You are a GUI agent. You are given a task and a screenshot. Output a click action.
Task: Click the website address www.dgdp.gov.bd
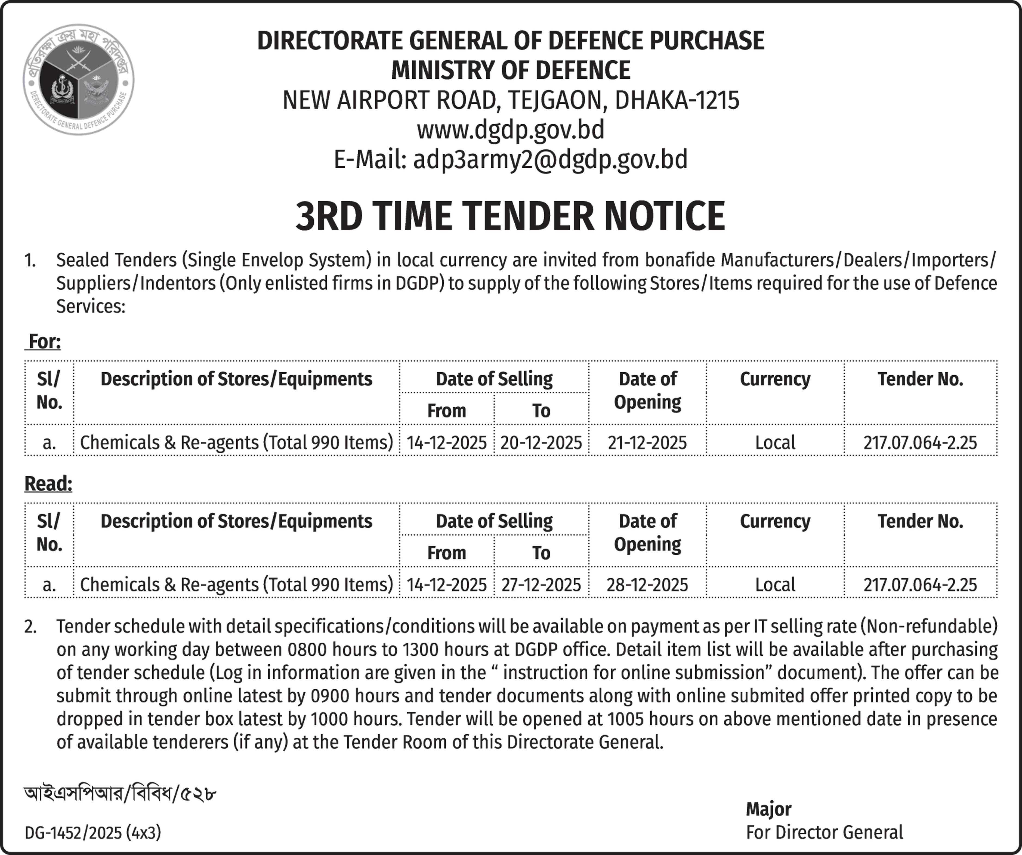(511, 129)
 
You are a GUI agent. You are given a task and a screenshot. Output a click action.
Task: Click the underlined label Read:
(48, 484)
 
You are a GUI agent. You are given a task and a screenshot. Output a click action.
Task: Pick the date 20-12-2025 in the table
(541, 442)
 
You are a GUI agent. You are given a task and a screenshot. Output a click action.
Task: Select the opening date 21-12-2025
(647, 442)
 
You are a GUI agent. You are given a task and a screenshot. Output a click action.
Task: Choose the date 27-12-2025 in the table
(541, 584)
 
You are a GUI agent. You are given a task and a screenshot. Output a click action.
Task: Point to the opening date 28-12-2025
(647, 584)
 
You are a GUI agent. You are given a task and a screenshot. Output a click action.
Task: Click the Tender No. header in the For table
(920, 379)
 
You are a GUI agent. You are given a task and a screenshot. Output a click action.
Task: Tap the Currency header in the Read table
(775, 521)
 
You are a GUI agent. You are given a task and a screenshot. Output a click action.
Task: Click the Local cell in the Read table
(775, 584)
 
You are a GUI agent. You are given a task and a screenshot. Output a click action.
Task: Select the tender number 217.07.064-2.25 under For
(920, 442)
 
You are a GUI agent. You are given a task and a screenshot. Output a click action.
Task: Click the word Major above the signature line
(768, 809)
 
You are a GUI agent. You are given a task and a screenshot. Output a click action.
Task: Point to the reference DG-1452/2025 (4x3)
(92, 833)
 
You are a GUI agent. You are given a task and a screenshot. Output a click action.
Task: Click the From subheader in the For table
(446, 411)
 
